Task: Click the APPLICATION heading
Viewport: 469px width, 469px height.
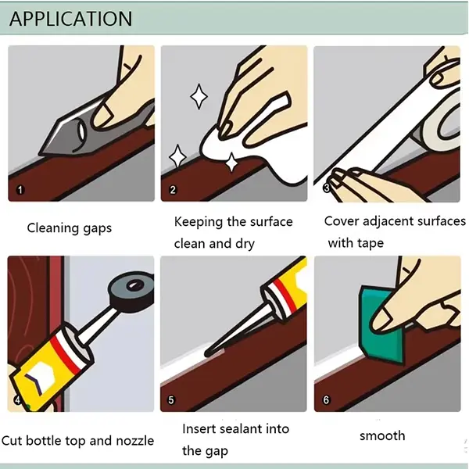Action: tap(71, 19)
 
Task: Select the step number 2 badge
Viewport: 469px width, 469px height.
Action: tap(174, 190)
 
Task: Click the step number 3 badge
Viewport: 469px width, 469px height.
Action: tap(327, 188)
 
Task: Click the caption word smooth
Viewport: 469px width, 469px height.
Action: tap(382, 435)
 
